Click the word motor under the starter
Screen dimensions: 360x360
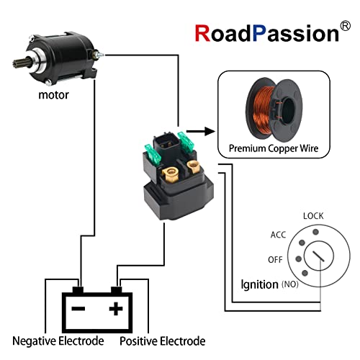coord(53,94)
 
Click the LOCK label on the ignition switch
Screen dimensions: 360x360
coord(313,215)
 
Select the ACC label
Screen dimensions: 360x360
coord(279,235)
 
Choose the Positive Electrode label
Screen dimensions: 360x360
coord(163,341)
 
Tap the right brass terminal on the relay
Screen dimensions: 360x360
coord(193,168)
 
